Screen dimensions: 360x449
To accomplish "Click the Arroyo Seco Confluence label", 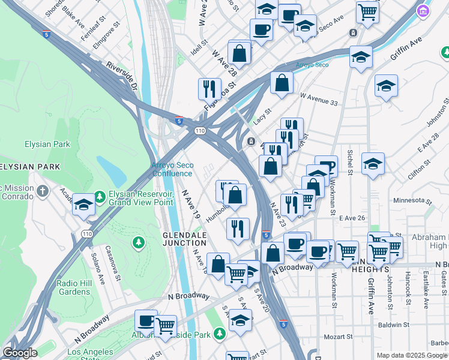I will pos(172,169).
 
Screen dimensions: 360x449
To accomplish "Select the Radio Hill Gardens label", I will pos(74,287).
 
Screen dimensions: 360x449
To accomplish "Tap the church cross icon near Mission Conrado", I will pos(41,191).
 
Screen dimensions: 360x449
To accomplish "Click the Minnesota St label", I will pos(412,200).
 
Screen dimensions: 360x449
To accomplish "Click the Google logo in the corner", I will pos(19,353).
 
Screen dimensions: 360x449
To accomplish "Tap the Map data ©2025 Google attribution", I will pos(412,355).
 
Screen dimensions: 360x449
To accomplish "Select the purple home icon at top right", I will pos(424,11).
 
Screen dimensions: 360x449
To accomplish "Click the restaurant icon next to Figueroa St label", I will pos(209,89).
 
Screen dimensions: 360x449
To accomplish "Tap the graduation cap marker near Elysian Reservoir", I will pos(84,205).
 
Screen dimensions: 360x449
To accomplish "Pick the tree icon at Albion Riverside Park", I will pos(220,332).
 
